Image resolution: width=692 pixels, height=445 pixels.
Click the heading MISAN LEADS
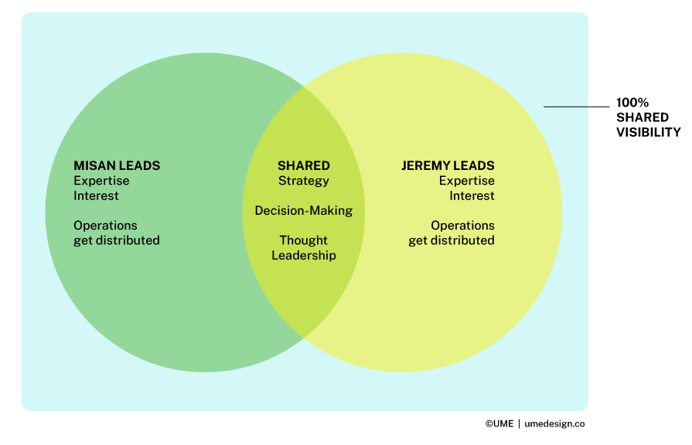click(x=117, y=165)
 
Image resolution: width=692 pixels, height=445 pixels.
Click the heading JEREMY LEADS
click(x=448, y=165)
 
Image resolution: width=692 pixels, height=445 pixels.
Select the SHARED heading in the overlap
click(x=304, y=165)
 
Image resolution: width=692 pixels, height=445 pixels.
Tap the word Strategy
click(x=304, y=181)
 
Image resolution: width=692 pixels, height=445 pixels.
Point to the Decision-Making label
click(x=304, y=210)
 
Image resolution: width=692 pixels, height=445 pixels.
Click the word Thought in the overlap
click(x=304, y=240)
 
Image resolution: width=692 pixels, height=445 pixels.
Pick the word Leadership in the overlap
click(x=304, y=255)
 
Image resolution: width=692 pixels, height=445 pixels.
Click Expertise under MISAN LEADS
click(x=101, y=181)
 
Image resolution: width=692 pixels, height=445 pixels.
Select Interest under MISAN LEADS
click(x=96, y=195)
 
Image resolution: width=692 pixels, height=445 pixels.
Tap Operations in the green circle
click(x=105, y=226)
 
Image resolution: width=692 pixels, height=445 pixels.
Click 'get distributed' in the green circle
click(x=117, y=240)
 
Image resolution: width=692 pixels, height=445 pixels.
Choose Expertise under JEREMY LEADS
click(x=467, y=181)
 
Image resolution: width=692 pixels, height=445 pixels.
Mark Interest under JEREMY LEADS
click(x=472, y=195)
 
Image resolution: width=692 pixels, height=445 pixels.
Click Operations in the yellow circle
click(x=462, y=226)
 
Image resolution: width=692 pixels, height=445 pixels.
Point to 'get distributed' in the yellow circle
click(x=452, y=240)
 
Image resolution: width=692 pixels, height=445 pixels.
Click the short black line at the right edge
click(x=565, y=106)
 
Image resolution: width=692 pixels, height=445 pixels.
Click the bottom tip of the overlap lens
click(x=303, y=338)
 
